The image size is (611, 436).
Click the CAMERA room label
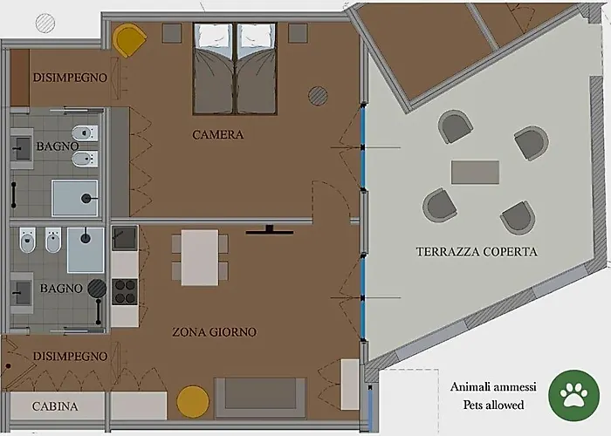coord(218,134)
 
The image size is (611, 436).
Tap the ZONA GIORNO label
coord(215,332)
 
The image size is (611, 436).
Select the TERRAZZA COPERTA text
coord(477,251)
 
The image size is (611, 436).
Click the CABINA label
coord(55,406)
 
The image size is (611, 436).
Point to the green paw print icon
coord(574,395)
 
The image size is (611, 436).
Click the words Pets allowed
coord(493,405)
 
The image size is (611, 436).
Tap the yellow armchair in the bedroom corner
coord(129,40)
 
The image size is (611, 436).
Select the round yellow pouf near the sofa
coord(193,401)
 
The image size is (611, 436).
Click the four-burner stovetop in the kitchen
coord(125,291)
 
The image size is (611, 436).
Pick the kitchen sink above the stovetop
coord(125,238)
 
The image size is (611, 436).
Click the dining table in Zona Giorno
coord(200,257)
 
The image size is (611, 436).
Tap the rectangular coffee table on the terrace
coord(475,172)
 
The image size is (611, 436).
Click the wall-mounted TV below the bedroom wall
coord(269,230)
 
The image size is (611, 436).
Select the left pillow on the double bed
coord(213,36)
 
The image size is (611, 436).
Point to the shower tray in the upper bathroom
coord(74,197)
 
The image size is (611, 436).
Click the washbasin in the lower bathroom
coord(22,293)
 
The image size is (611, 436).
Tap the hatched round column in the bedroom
coord(318,96)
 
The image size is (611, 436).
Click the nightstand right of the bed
coord(298,33)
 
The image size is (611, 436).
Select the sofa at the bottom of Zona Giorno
coord(260,398)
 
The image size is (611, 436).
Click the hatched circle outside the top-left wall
coord(45,23)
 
